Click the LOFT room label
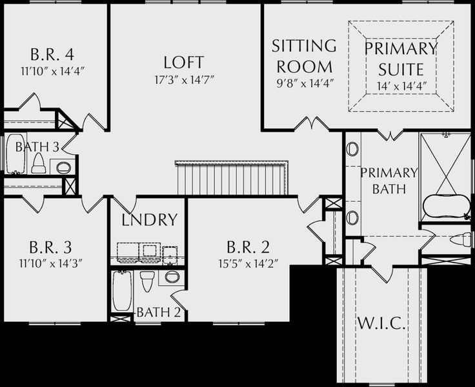coord(183,62)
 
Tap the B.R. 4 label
coord(52,55)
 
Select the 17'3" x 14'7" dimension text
coord(185,80)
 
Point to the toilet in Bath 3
coord(39,163)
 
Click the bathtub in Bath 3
coord(15,154)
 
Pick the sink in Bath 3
coord(63,167)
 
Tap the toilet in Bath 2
coord(148,281)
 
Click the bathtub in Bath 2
coord(123,291)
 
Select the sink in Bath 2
coord(172,277)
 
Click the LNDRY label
coord(149,220)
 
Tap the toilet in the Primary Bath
coord(460,240)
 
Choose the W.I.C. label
coord(381,322)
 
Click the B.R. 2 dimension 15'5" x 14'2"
coord(248,264)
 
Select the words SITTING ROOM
coord(304,56)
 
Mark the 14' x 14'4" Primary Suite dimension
coord(402,86)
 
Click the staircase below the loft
coord(232,179)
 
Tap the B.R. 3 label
coord(50,247)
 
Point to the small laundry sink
coord(170,255)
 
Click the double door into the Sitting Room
coord(312,123)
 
